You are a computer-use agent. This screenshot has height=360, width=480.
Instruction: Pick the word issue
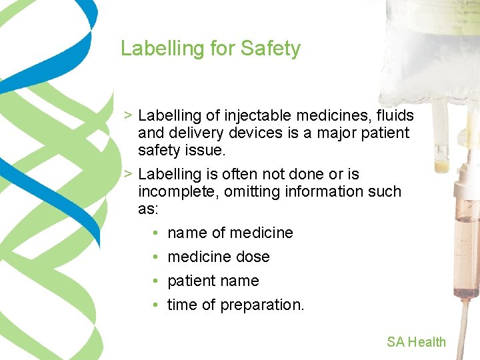[x=206, y=151]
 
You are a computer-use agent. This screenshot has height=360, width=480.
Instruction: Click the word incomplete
[x=175, y=191]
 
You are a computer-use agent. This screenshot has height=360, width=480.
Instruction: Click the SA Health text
[x=416, y=342]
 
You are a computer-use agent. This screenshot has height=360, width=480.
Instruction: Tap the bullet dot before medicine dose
[x=154, y=257]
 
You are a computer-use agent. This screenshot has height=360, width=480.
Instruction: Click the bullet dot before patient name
[x=154, y=281]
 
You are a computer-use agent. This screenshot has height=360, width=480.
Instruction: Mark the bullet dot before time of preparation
[x=154, y=305]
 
